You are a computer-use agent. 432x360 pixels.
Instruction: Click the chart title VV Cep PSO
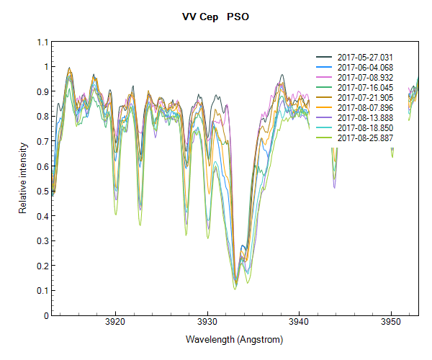pyautogui.click(x=215, y=17)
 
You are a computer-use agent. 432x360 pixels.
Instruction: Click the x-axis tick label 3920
pyautogui.click(x=115, y=323)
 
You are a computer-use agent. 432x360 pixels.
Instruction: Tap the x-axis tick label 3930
pyautogui.click(x=207, y=323)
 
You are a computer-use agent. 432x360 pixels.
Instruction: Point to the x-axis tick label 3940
pyautogui.click(x=299, y=323)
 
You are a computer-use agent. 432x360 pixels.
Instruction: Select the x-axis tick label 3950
pyautogui.click(x=391, y=323)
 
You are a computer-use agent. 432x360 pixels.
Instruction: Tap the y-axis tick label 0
pyautogui.click(x=45, y=315)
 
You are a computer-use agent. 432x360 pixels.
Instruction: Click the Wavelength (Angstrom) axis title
pyautogui.click(x=234, y=339)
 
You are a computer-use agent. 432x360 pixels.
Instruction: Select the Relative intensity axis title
pyautogui.click(x=23, y=179)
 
